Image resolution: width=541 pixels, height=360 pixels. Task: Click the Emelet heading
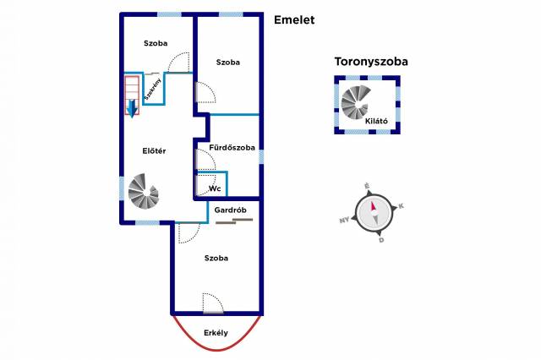[293, 19]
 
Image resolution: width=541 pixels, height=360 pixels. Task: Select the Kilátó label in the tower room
[376, 121]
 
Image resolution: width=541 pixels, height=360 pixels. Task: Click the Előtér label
[153, 151]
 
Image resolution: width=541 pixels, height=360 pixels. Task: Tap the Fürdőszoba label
[232, 147]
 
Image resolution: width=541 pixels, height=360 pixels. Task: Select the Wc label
[215, 188]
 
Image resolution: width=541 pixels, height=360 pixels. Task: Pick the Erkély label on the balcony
[216, 332]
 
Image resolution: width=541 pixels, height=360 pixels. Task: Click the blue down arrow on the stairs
[132, 106]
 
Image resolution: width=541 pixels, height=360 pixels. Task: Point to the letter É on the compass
[366, 185]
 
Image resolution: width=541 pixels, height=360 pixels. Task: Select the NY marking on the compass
[344, 221]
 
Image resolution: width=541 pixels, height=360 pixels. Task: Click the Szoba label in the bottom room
[216, 258]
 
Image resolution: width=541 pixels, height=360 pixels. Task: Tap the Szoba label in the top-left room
[155, 43]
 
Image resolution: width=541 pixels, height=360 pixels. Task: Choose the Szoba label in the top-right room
[227, 63]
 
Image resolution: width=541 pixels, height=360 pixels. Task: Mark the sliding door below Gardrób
[233, 221]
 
